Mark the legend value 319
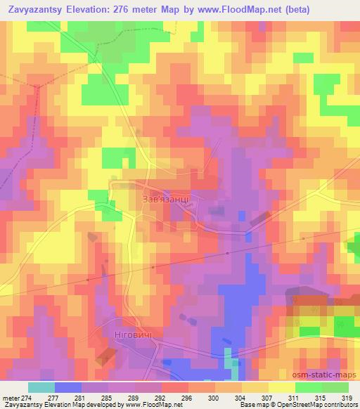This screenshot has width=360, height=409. point(347,398)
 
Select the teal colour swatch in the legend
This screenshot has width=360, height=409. point(41,387)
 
